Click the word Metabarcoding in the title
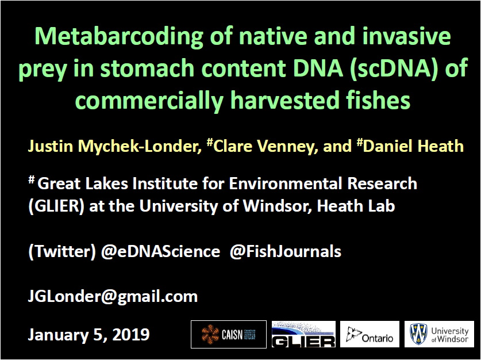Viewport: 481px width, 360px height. pos(119,37)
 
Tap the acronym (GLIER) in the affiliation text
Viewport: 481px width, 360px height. pos(56,206)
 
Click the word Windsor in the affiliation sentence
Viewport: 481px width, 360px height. pos(278,206)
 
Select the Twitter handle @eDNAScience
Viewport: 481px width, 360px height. pos(160,251)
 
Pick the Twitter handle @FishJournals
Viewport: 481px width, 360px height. pos(285,251)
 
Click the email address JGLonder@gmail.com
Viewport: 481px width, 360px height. pos(113,297)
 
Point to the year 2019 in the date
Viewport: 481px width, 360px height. pos(131,335)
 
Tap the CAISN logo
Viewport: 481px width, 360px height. pos(229,334)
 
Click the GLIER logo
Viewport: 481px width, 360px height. pos(303,334)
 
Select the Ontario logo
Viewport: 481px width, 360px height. pos(370,334)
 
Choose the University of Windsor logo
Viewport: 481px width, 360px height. pos(439,334)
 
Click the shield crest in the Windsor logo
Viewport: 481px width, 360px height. pos(419,334)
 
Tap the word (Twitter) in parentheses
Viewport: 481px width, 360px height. pos(62,252)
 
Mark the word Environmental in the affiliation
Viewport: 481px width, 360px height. pos(286,183)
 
